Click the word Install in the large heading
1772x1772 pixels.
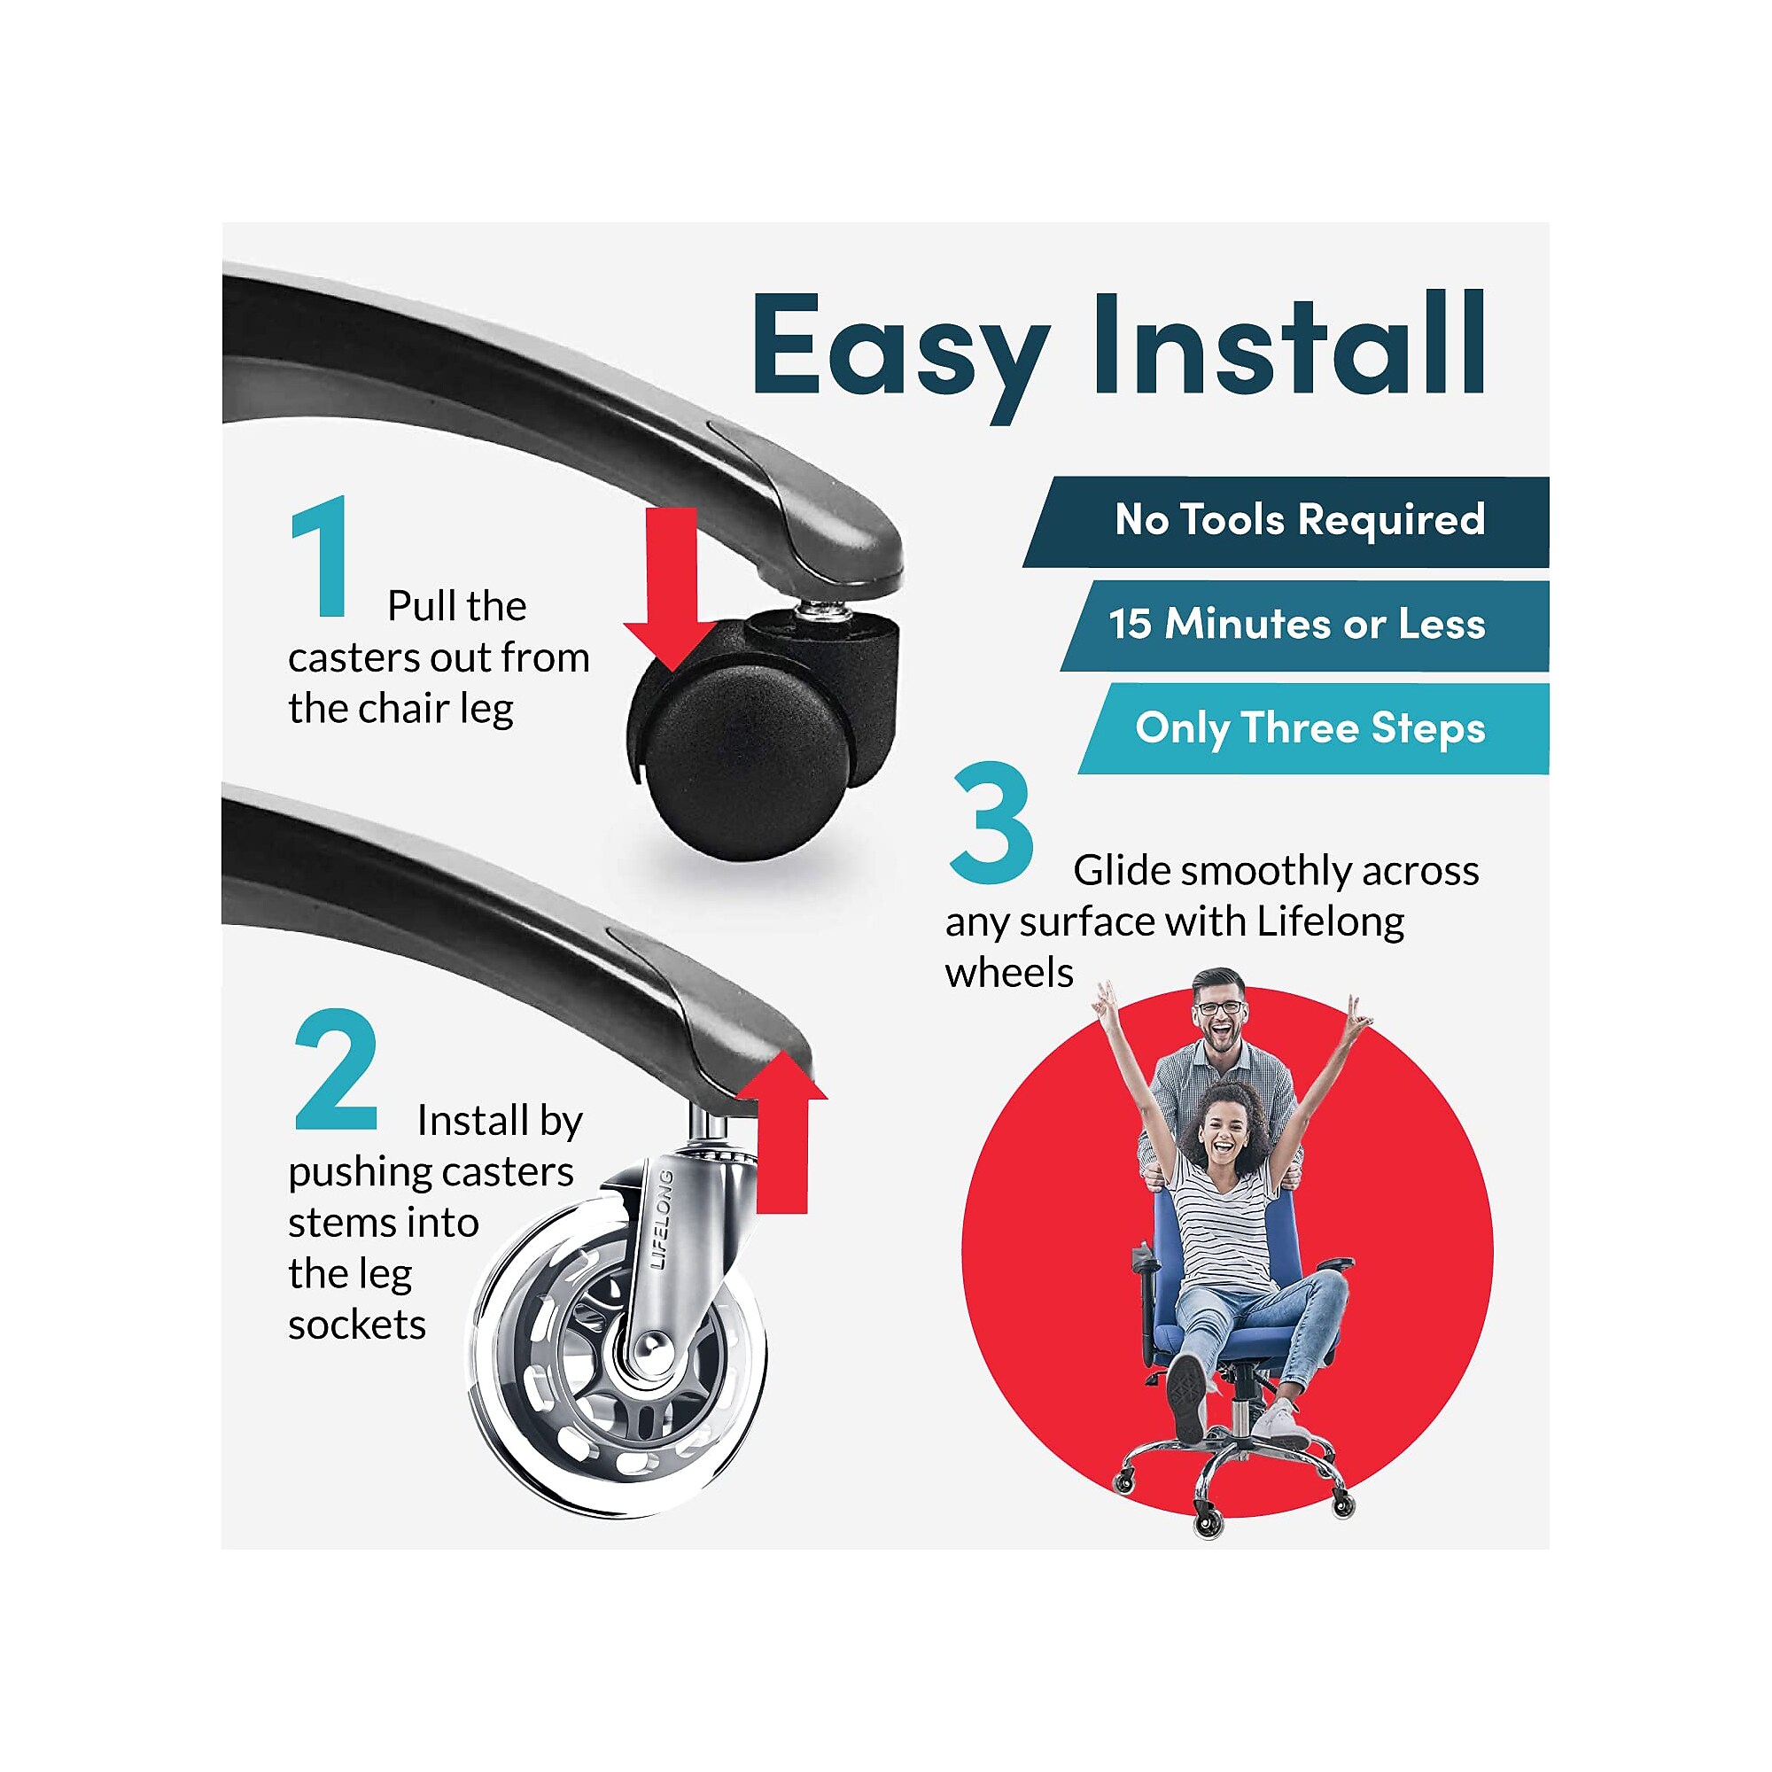(1287, 343)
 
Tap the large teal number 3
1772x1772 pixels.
(991, 823)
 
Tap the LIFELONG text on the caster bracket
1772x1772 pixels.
(662, 1220)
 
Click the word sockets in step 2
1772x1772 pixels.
(357, 1325)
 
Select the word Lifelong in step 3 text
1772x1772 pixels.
(1330, 922)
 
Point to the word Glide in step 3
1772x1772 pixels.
(1122, 870)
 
